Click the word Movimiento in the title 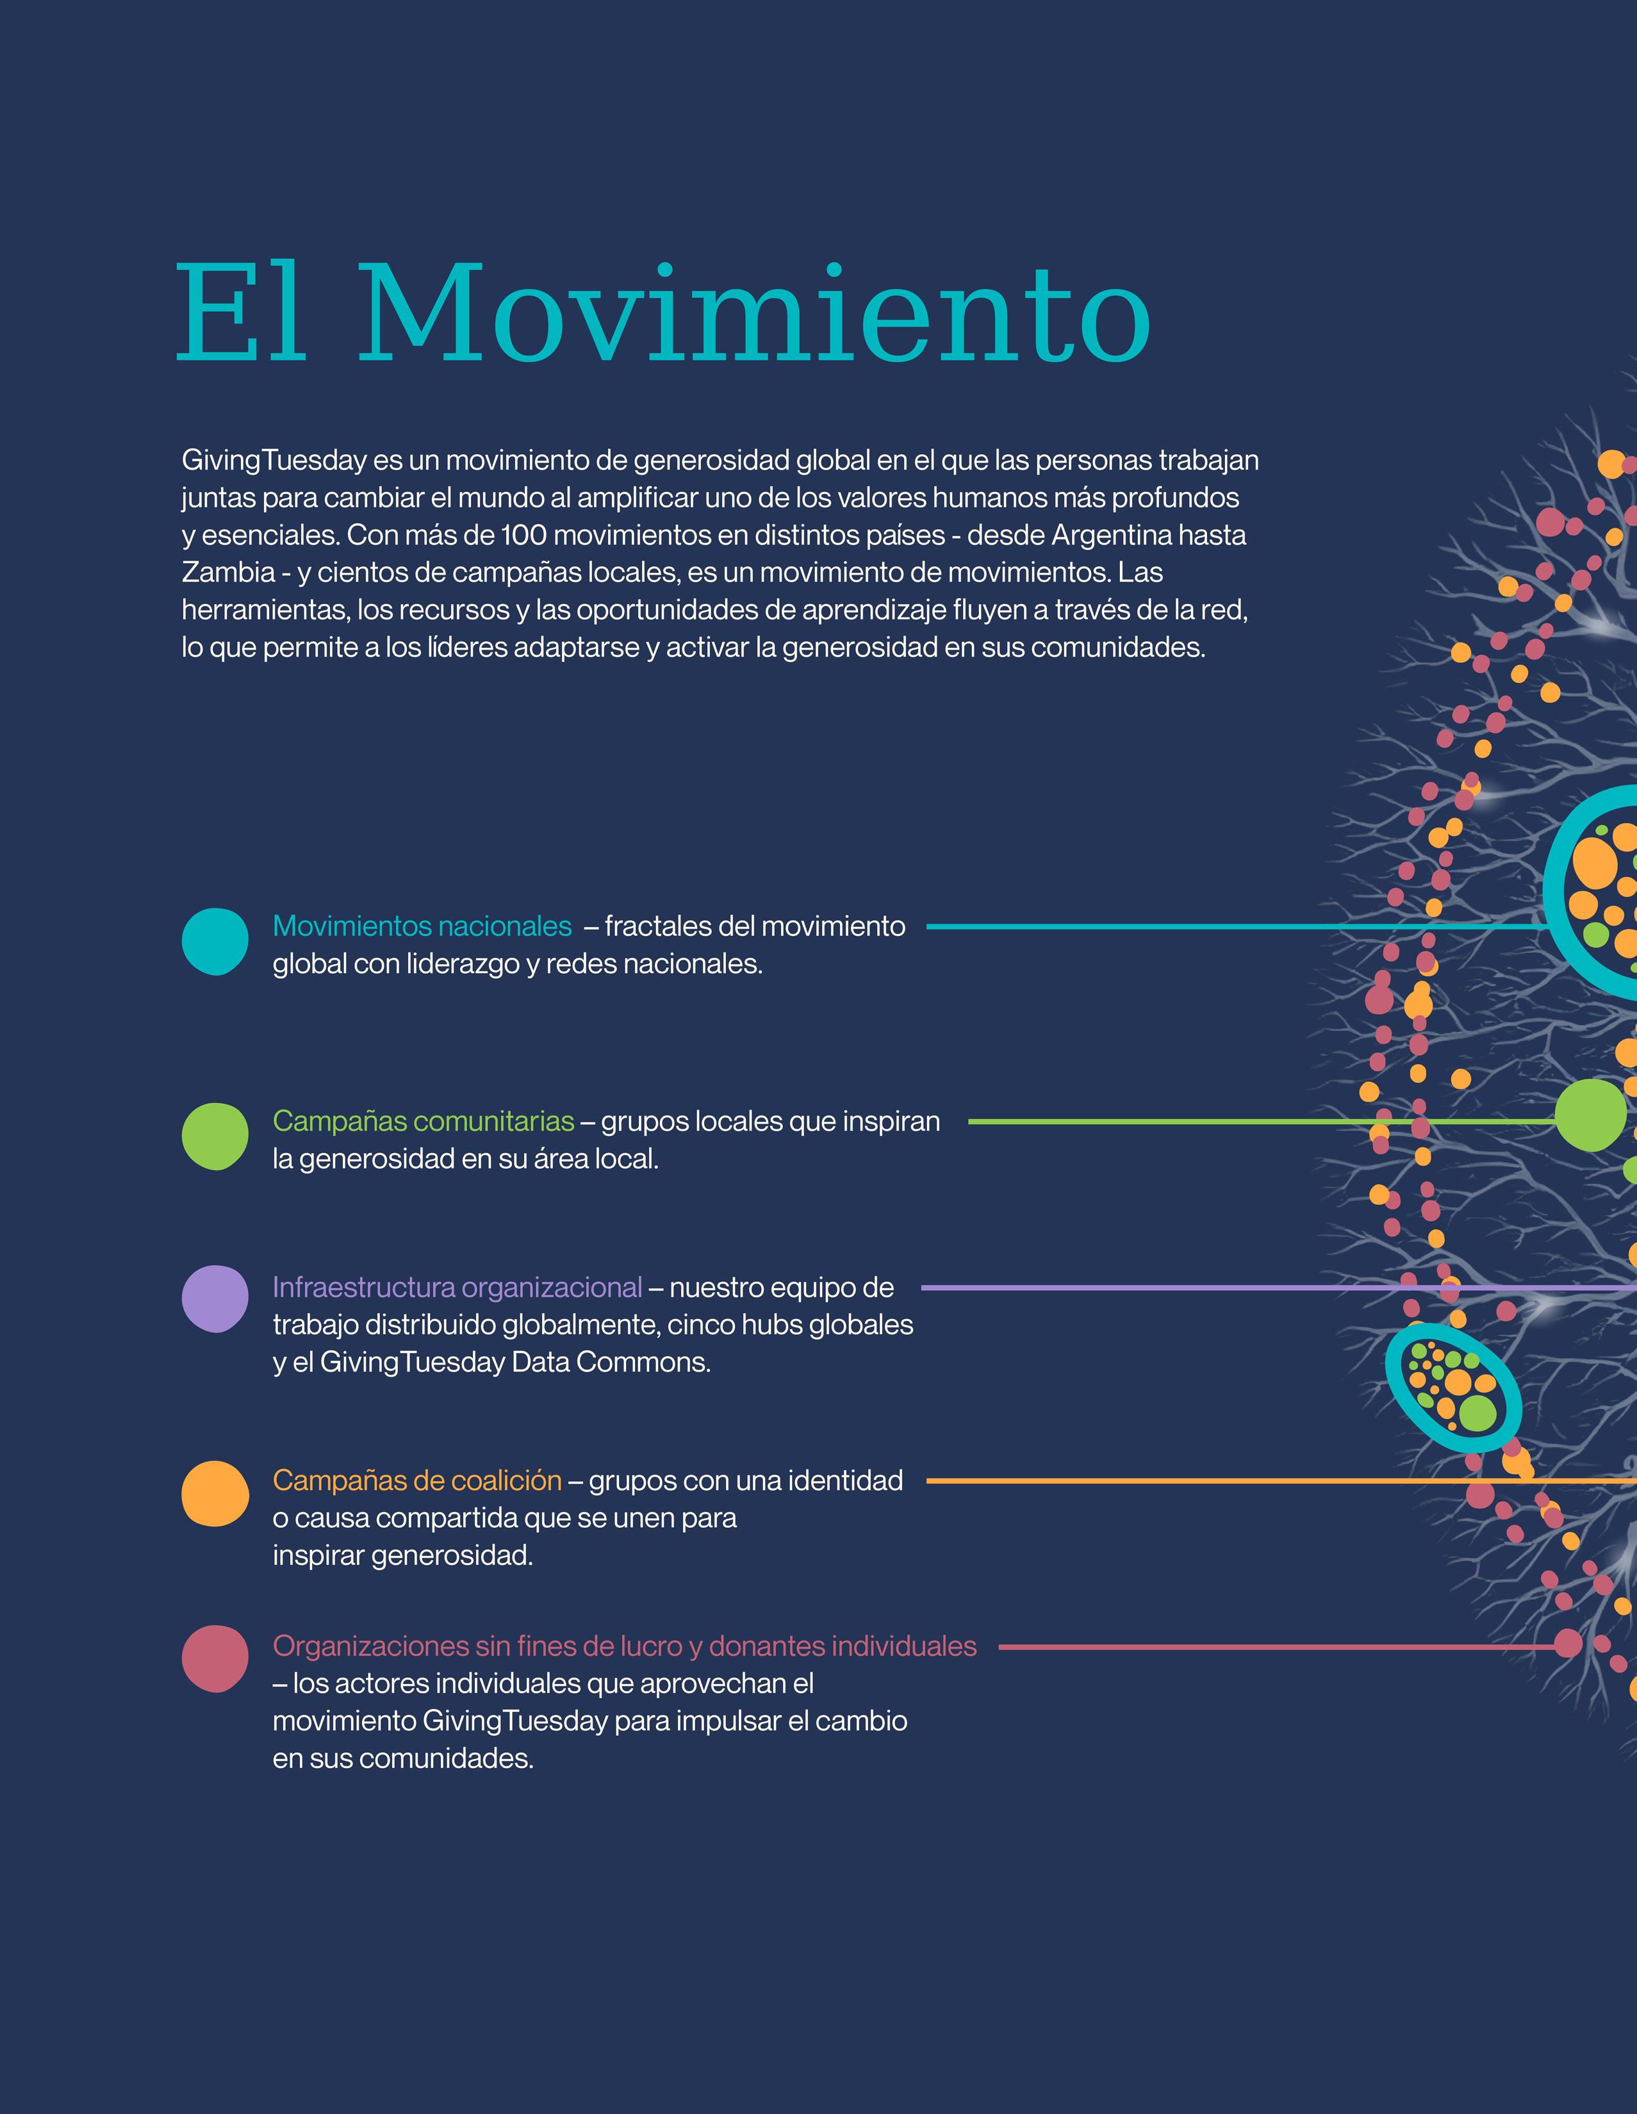coord(756,315)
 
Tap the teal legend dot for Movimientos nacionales coord(215,941)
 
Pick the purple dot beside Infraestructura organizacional coord(215,1299)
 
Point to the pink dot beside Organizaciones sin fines coord(215,1659)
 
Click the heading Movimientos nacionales coord(422,926)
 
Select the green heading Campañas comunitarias coord(423,1121)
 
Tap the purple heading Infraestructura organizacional coord(457,1288)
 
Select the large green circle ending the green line coord(1590,1115)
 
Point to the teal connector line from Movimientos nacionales coord(1230,926)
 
